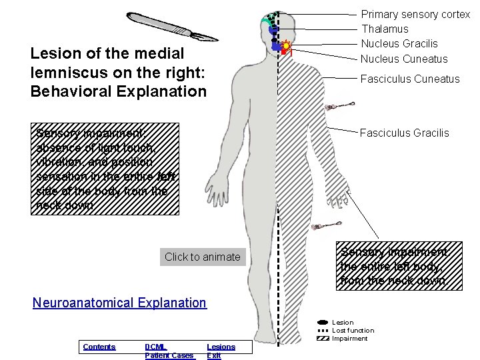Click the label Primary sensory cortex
pos(415,14)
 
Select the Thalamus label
pos(385,29)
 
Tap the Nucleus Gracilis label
pos(399,43)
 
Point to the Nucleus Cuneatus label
pos(404,59)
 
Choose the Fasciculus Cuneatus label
pos(409,79)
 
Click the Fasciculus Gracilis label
pos(404,133)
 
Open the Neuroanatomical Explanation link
pos(119,303)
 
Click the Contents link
pos(99,347)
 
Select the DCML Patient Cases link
pos(169,351)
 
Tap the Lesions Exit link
pos(221,351)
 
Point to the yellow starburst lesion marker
pos(286,47)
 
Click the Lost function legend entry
pos(353,331)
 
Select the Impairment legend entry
pos(349,339)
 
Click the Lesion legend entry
pos(343,323)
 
